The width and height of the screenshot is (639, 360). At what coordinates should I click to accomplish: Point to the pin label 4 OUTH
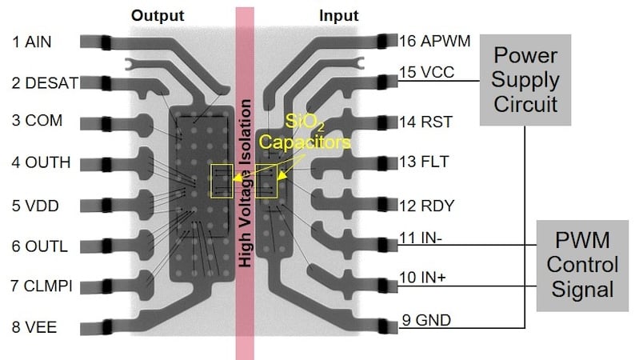point(40,163)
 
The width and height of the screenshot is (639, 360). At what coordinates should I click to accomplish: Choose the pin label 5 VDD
point(36,205)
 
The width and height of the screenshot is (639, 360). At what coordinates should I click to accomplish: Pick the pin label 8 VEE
point(34,327)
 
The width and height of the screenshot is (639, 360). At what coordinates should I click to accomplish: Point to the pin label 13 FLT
point(425,163)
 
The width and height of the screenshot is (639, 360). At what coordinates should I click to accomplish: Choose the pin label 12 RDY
point(427,206)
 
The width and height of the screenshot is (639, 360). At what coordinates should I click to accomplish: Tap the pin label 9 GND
point(425,320)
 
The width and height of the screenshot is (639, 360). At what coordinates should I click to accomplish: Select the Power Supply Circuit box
point(525,80)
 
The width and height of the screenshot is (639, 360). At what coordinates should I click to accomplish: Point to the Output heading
point(158,15)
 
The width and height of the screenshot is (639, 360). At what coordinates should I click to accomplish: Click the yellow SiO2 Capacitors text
point(319,132)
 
